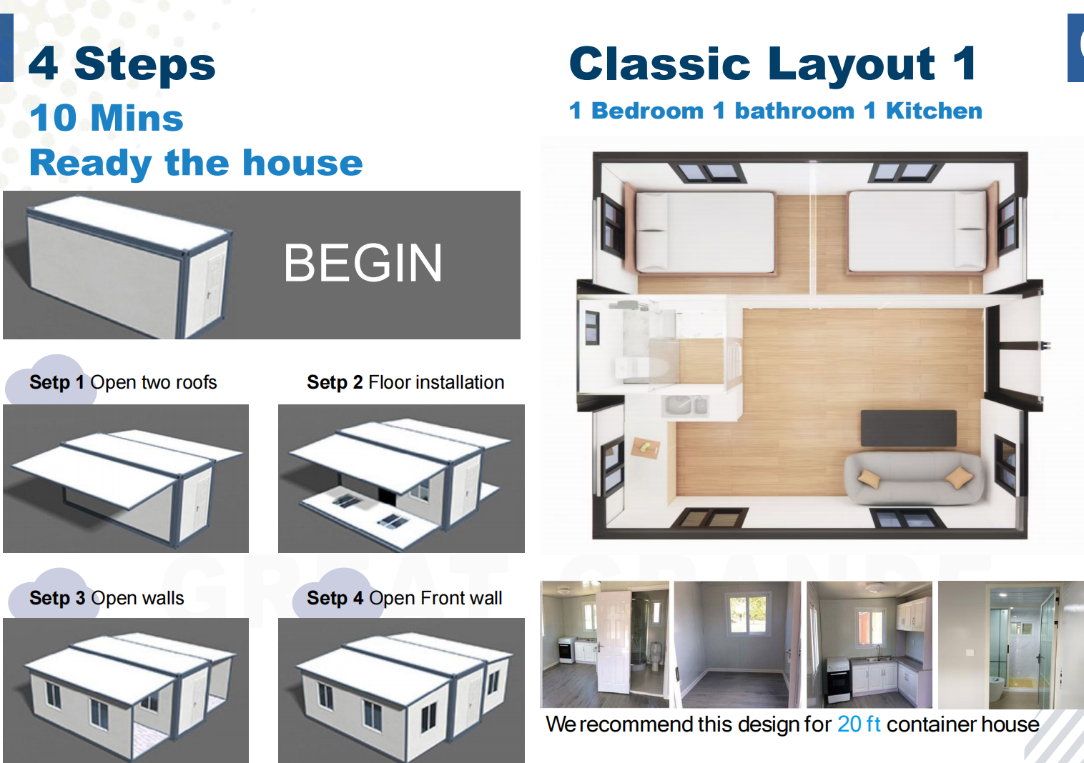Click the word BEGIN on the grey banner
363,263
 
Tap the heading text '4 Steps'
122,64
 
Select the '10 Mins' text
107,118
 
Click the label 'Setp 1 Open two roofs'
123,382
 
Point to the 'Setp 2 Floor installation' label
405,382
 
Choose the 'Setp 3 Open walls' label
107,598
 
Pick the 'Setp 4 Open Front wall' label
404,598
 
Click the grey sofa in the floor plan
913,478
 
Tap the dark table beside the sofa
908,428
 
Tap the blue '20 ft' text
859,724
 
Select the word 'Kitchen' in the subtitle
934,111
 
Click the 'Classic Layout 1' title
772,64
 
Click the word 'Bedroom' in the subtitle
647,111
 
